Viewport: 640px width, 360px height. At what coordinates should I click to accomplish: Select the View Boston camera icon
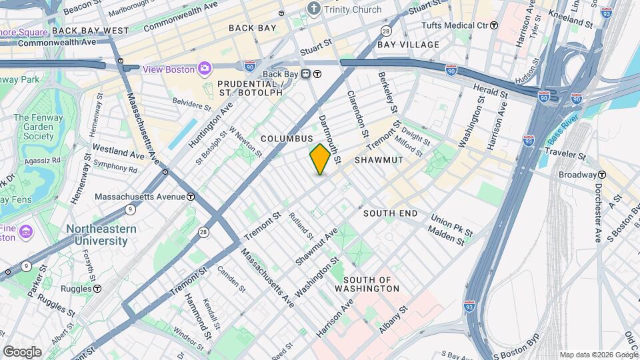(205, 69)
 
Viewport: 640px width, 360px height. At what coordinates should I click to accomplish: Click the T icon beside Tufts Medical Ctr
(494, 25)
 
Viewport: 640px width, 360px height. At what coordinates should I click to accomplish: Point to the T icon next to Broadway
(602, 175)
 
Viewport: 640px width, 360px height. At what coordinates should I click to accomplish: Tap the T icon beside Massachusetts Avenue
(191, 197)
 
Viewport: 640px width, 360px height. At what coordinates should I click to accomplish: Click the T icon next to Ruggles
(97, 289)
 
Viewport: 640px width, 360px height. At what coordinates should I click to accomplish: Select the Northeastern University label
(101, 235)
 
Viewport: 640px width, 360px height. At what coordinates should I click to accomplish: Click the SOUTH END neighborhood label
(390, 213)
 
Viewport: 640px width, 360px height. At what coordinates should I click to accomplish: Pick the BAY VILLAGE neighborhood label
(408, 45)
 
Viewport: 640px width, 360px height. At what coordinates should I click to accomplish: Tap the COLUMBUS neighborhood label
(287, 138)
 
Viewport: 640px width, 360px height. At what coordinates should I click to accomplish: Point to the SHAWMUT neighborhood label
(378, 161)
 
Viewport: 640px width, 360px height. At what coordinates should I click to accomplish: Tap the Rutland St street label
(301, 225)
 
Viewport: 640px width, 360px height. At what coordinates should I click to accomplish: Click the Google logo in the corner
(22, 351)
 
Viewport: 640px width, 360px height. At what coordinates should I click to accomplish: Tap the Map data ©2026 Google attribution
(598, 355)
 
